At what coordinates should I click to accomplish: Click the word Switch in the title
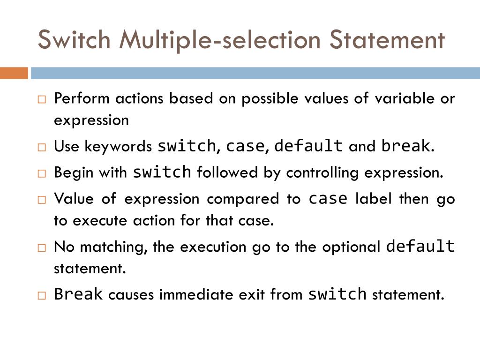pyautogui.click(x=74, y=39)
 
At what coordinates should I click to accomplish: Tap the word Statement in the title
pyautogui.click(x=386, y=39)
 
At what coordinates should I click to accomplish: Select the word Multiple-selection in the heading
pyautogui.click(x=220, y=40)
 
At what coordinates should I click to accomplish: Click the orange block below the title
pyautogui.click(x=14, y=74)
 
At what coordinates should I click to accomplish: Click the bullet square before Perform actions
pyautogui.click(x=42, y=99)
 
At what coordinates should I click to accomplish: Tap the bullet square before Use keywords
pyautogui.click(x=42, y=147)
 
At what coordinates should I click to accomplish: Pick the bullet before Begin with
pyautogui.click(x=42, y=173)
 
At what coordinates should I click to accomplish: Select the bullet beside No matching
pyautogui.click(x=42, y=247)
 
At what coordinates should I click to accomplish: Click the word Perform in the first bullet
pyautogui.click(x=82, y=99)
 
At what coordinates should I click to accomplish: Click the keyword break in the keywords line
pyautogui.click(x=405, y=146)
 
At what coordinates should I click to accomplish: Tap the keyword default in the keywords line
pyautogui.click(x=308, y=146)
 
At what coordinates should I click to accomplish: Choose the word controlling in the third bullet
pyautogui.click(x=323, y=172)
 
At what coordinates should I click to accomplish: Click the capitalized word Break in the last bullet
pyautogui.click(x=78, y=294)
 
